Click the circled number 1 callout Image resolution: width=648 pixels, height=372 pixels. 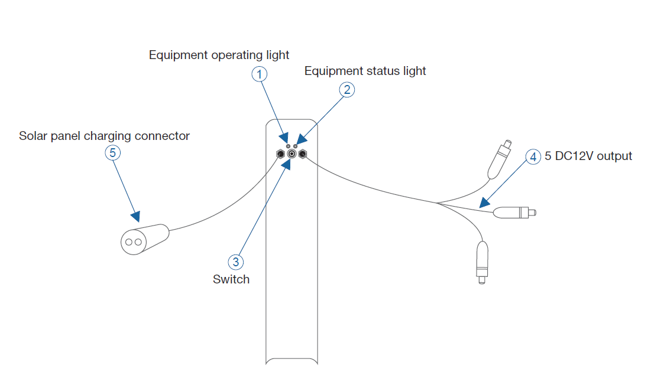pyautogui.click(x=260, y=74)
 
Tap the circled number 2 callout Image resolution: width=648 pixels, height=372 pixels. pyautogui.click(x=347, y=89)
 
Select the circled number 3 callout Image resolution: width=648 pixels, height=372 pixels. pyautogui.click(x=236, y=262)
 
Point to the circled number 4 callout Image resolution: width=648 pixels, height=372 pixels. pyautogui.click(x=533, y=156)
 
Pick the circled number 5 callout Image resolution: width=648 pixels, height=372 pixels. pyautogui.click(x=113, y=152)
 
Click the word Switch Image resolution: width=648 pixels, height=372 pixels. pyautogui.click(x=231, y=279)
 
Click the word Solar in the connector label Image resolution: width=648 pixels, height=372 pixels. pyautogui.click(x=33, y=136)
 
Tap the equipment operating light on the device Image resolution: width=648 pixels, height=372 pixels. pyautogui.click(x=288, y=145)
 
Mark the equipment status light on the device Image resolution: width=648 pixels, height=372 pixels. pyautogui.click(x=296, y=145)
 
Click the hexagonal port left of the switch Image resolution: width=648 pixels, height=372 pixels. pyautogui.click(x=281, y=155)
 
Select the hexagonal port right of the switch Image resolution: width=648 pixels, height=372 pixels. pyautogui.click(x=303, y=155)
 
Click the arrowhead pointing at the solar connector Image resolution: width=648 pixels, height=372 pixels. pyautogui.click(x=136, y=217)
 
